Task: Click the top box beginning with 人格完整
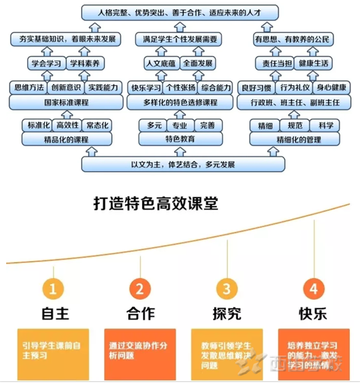click(179, 11)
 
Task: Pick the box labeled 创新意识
click(67, 87)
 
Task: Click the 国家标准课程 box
click(67, 102)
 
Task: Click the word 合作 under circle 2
click(140, 314)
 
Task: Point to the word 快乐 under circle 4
click(313, 314)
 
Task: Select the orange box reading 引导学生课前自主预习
click(53, 351)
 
